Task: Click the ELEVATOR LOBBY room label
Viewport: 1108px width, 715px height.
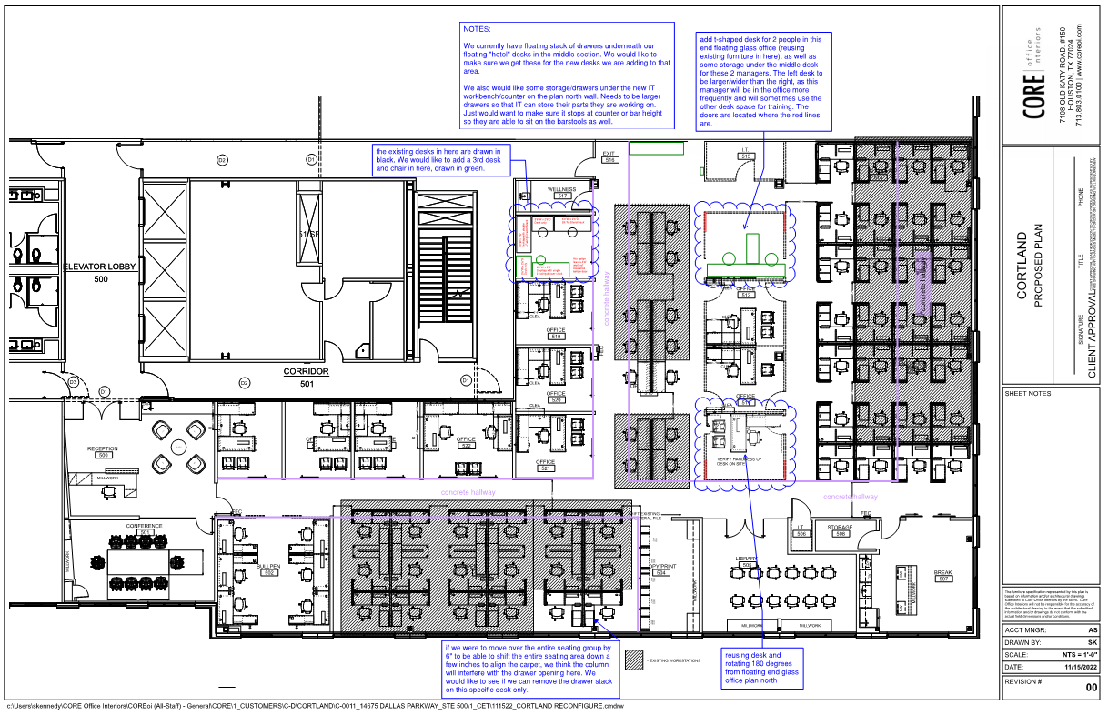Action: (100, 267)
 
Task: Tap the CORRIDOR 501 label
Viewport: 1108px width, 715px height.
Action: (306, 372)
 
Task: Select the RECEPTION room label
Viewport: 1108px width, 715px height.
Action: (103, 449)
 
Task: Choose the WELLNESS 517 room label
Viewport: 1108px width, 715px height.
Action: (562, 191)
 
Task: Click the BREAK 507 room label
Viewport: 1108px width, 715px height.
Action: (942, 575)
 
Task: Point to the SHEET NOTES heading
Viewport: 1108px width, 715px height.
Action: (1028, 394)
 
